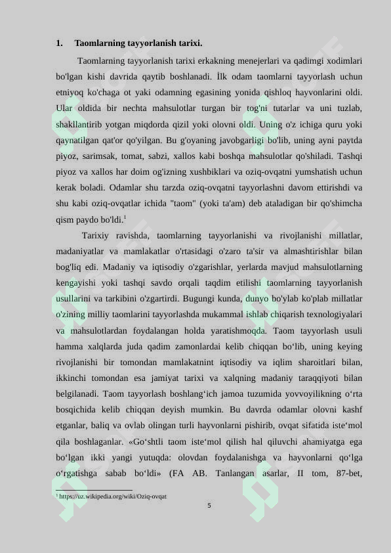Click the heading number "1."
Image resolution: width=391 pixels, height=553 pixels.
tap(60, 44)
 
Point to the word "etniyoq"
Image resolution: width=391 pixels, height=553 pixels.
tap(70, 92)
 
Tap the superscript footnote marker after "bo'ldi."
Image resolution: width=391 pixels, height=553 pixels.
tap(125, 217)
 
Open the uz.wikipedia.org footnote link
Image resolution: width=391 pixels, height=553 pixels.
tap(112, 497)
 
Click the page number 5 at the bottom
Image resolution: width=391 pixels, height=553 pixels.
tap(209, 506)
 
